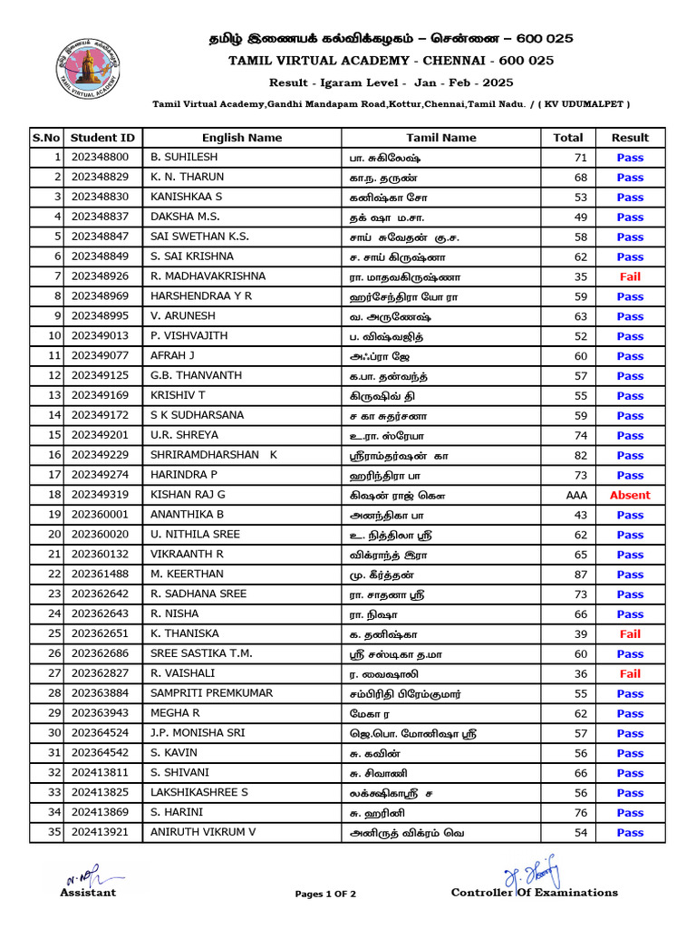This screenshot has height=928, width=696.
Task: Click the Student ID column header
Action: coord(102,138)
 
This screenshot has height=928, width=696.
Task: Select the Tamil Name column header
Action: coord(440,138)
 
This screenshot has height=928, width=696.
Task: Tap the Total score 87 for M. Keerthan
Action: coord(580,575)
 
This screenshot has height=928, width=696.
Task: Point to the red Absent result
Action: coord(630,495)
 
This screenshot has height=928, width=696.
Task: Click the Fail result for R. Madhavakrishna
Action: coord(630,276)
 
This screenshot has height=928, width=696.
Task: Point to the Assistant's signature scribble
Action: coord(84,877)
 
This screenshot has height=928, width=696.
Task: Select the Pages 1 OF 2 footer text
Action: coord(325,894)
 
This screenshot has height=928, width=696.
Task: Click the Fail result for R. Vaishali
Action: coord(630,673)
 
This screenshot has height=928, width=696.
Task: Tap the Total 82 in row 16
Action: coord(580,455)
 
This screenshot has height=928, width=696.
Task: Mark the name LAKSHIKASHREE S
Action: coord(198,792)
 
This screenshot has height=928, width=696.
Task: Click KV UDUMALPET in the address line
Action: coord(585,104)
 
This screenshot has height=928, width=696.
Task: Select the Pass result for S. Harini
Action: coord(630,812)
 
